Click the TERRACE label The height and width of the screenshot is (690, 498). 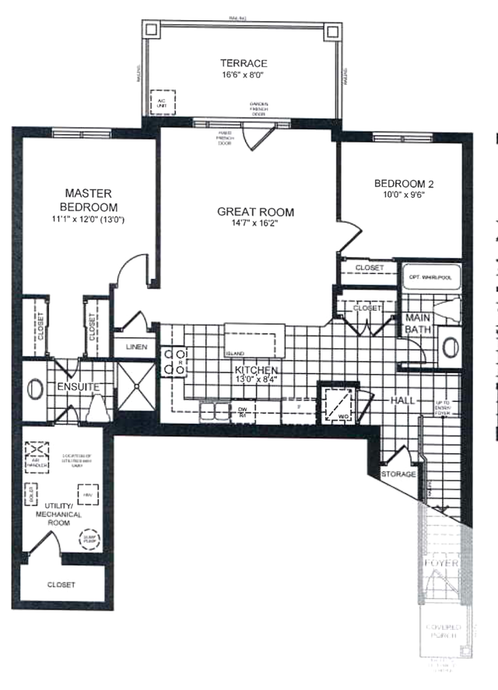pos(243,63)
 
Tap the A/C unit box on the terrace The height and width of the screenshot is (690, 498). pos(163,101)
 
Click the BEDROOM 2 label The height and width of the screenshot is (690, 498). pos(403,184)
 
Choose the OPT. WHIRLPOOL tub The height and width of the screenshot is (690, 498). pos(430,276)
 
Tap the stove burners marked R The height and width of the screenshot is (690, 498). pos(173,362)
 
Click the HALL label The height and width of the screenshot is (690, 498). pos(402,400)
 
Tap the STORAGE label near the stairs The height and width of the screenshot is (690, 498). pos(398,473)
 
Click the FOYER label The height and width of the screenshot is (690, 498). pos(441,562)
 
